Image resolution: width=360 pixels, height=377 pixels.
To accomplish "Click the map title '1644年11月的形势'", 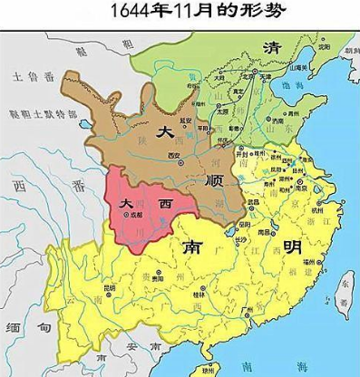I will click(x=180, y=13).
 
